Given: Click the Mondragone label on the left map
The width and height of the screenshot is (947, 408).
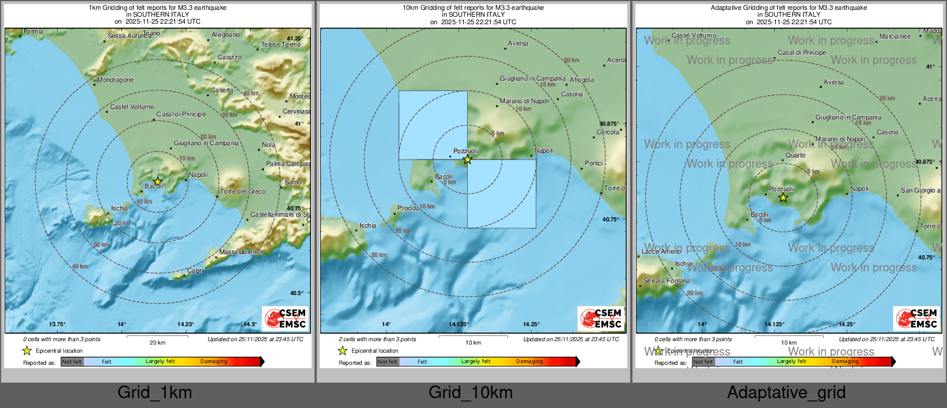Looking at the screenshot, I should point(115,80).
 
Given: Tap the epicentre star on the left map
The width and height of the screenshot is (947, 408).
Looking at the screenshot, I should point(157,182).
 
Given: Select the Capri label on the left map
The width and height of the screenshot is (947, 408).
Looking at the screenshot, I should point(195,270).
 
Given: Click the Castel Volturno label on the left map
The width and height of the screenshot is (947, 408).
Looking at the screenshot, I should point(132,107).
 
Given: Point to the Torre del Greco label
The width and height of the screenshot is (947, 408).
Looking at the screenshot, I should point(243,191).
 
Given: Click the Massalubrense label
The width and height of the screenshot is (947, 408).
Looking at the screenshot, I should point(241,252).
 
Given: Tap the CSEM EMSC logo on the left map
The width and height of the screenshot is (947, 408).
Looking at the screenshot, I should point(285,318).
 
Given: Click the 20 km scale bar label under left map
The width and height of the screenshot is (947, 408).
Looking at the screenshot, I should point(157,342).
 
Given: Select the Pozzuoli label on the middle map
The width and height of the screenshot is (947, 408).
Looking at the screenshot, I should point(465,151).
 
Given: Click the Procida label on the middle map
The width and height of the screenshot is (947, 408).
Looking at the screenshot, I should point(408,208).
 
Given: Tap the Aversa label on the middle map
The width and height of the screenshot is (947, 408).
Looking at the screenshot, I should point(518,43).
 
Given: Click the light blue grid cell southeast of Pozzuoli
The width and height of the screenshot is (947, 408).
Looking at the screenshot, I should point(501,194).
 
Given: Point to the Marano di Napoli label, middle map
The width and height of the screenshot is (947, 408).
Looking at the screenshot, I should point(524,101).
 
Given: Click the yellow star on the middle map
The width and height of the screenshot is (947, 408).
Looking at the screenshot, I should point(467,160).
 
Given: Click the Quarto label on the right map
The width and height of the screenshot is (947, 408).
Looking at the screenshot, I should point(796,155).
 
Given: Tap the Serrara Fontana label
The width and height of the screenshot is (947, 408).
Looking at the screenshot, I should point(666,281).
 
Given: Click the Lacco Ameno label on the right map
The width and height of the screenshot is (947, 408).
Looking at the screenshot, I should point(661,251).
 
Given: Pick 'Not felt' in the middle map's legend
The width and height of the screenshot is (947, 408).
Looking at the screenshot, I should point(388,361).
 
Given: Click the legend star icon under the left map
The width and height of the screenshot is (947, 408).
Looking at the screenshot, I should point(27,350).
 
